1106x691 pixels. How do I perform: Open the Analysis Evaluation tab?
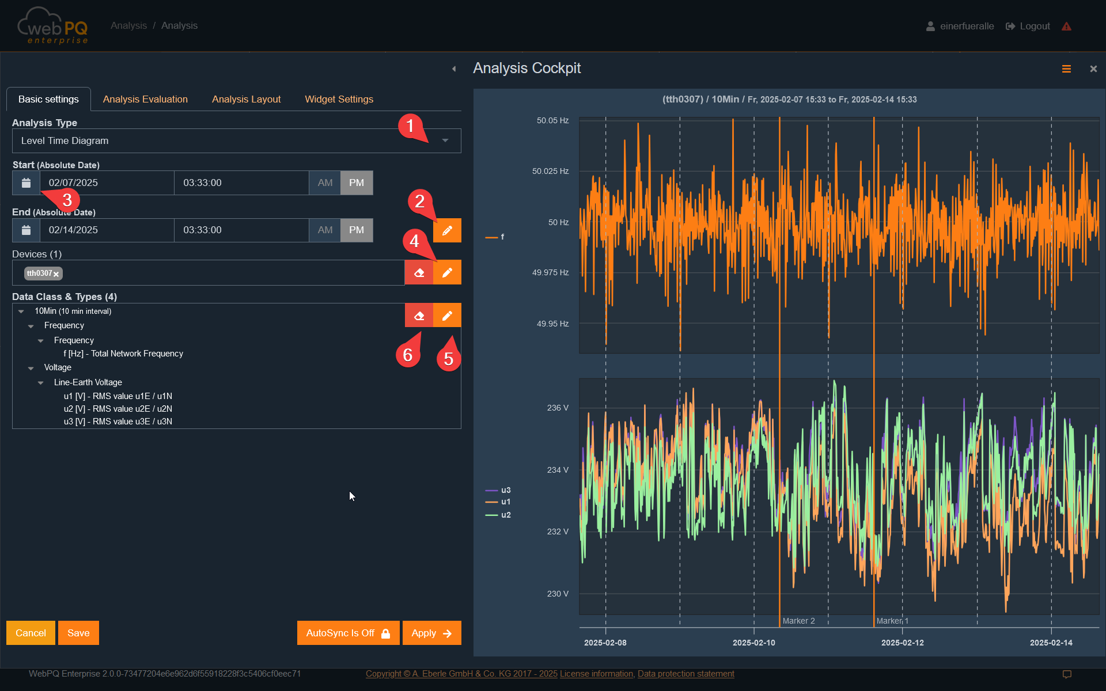pos(145,99)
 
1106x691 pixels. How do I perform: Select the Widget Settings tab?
pos(339,99)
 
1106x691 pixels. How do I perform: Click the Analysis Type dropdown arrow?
pos(445,141)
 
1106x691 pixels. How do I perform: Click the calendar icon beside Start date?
pos(26,183)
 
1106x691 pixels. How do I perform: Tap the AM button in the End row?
pos(325,230)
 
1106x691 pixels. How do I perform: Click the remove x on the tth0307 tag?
pos(56,274)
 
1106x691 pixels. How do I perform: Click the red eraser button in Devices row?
pos(419,272)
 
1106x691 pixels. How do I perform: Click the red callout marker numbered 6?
pos(407,355)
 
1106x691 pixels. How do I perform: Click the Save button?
pos(78,633)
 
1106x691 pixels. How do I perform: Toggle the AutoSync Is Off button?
pos(348,633)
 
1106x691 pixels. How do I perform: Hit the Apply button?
pos(431,633)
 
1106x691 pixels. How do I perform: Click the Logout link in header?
pos(1028,26)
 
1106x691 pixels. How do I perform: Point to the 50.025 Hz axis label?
pos(550,171)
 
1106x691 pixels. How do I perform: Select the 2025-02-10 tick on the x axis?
pos(753,643)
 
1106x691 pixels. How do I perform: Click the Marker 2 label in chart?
pos(798,621)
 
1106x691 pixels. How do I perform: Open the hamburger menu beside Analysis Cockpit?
pos(1066,69)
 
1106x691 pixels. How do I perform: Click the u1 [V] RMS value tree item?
pos(118,396)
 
